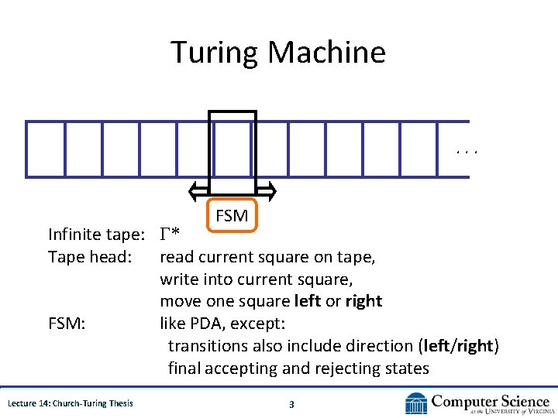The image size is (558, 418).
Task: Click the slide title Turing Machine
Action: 277,53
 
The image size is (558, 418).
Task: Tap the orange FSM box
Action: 232,216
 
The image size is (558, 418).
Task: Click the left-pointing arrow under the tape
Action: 199,190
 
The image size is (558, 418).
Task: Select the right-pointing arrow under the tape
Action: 266,190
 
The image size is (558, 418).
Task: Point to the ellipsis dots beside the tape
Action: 467,152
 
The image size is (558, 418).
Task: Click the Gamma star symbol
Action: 170,234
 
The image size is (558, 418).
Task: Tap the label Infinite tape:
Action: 97,234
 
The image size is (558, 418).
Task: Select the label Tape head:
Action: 89,256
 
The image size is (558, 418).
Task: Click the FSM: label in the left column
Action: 67,323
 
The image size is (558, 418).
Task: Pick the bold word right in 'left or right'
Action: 363,301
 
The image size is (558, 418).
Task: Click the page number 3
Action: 291,403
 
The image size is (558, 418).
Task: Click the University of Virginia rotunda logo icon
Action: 416,403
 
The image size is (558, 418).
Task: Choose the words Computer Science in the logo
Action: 490,400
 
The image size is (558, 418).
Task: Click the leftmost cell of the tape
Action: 45,149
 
